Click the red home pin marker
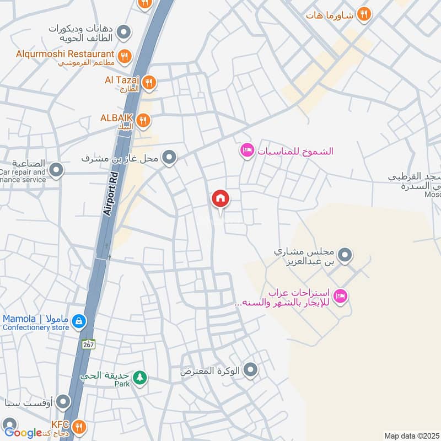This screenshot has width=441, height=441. [220, 199]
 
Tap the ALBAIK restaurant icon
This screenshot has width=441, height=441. [143, 120]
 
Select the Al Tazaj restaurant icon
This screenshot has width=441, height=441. [149, 83]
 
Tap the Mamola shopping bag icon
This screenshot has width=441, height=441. [79, 320]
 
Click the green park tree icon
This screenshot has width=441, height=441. [142, 377]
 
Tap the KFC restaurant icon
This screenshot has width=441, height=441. [79, 426]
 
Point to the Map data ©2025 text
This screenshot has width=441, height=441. [411, 435]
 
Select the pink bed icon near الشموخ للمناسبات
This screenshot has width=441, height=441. [246, 150]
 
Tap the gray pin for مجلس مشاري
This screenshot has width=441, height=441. [345, 255]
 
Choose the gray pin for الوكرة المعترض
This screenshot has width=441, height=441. [251, 370]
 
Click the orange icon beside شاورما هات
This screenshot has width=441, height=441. [363, 15]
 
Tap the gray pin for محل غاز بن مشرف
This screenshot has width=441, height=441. [170, 158]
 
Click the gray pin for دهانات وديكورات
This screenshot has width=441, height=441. [125, 32]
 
